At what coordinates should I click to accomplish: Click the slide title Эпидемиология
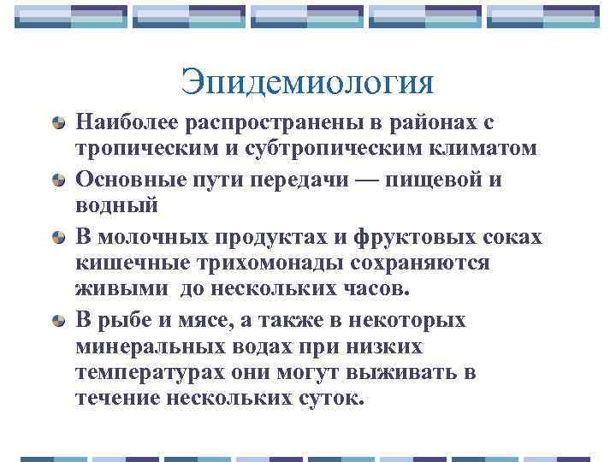(x=307, y=84)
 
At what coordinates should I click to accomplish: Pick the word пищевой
(x=433, y=181)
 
